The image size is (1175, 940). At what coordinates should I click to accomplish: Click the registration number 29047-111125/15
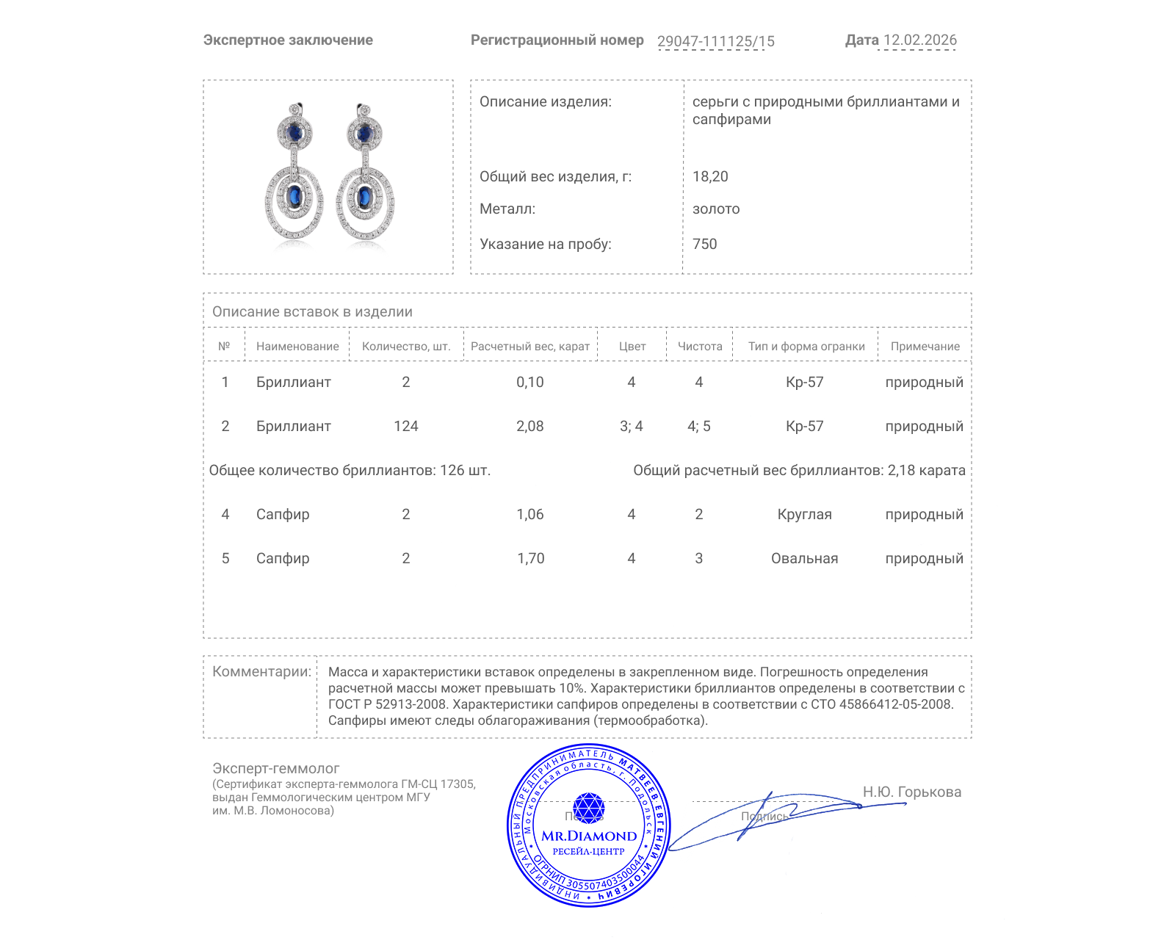click(x=715, y=41)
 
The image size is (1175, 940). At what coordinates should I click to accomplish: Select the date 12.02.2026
click(x=919, y=40)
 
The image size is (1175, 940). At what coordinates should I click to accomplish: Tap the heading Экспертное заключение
click(x=288, y=40)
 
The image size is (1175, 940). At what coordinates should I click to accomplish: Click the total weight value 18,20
click(x=710, y=176)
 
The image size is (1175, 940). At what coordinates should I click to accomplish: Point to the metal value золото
click(x=716, y=209)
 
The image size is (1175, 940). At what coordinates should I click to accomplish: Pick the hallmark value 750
click(x=704, y=244)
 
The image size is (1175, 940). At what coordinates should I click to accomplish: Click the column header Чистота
click(x=700, y=347)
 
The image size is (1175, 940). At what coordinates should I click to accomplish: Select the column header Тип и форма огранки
click(x=806, y=347)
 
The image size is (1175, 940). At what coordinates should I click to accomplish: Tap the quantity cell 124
click(x=405, y=426)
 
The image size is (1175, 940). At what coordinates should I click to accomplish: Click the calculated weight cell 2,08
click(x=529, y=426)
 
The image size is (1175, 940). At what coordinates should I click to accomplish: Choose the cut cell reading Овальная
click(x=804, y=558)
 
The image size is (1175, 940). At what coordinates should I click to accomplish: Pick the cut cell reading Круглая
click(x=804, y=514)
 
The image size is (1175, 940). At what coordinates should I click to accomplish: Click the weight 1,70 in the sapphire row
click(x=530, y=558)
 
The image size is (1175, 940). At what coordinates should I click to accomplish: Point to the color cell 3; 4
click(x=631, y=426)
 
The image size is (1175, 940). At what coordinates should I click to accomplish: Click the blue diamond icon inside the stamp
click(x=588, y=808)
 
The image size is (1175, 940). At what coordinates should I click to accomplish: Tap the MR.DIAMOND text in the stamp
click(x=589, y=836)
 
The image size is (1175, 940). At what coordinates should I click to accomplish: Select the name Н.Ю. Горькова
click(x=911, y=792)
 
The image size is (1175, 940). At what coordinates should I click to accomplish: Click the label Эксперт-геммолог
click(x=275, y=768)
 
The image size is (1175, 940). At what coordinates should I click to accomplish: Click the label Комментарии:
click(x=261, y=671)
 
